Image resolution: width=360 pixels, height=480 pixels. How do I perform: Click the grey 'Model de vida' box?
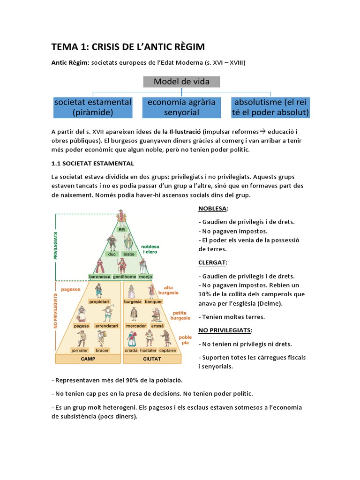pyautogui.click(x=181, y=82)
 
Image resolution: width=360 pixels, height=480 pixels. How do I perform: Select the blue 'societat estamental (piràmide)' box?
pyautogui.click(x=93, y=107)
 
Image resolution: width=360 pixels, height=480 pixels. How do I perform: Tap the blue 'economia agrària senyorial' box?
pyautogui.click(x=181, y=107)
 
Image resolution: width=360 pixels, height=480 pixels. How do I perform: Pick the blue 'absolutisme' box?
pyautogui.click(x=271, y=107)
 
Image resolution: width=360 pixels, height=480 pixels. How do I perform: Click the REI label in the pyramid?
pyautogui.click(x=122, y=230)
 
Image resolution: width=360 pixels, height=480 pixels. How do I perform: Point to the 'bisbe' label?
pyautogui.click(x=129, y=254)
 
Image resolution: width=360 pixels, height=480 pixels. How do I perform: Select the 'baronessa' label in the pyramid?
pyautogui.click(x=99, y=277)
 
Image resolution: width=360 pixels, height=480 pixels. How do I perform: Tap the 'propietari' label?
pyautogui.click(x=99, y=301)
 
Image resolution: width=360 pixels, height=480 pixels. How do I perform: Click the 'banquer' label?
pyautogui.click(x=153, y=301)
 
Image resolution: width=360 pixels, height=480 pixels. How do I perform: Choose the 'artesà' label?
pyautogui.click(x=157, y=325)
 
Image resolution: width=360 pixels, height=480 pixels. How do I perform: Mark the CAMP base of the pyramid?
pyautogui.click(x=88, y=359)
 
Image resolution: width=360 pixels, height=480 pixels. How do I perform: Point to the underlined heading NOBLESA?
pyautogui.click(x=213, y=208)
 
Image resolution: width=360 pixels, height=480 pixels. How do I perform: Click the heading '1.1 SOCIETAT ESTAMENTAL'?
pyautogui.click(x=93, y=163)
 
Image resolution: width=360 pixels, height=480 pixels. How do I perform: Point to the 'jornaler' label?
pyautogui.click(x=80, y=350)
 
